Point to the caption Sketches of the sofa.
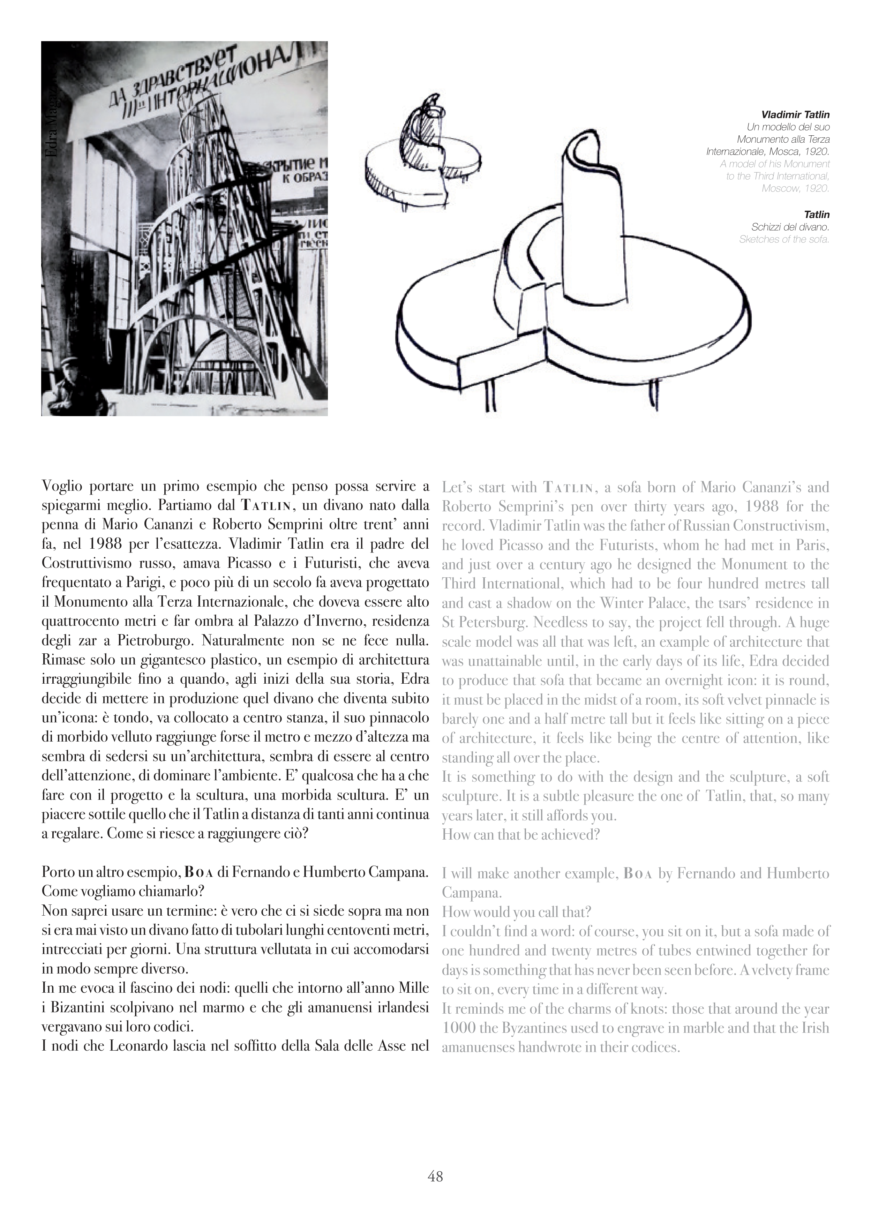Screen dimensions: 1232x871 (x=784, y=239)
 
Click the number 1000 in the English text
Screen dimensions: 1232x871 (x=458, y=1028)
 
